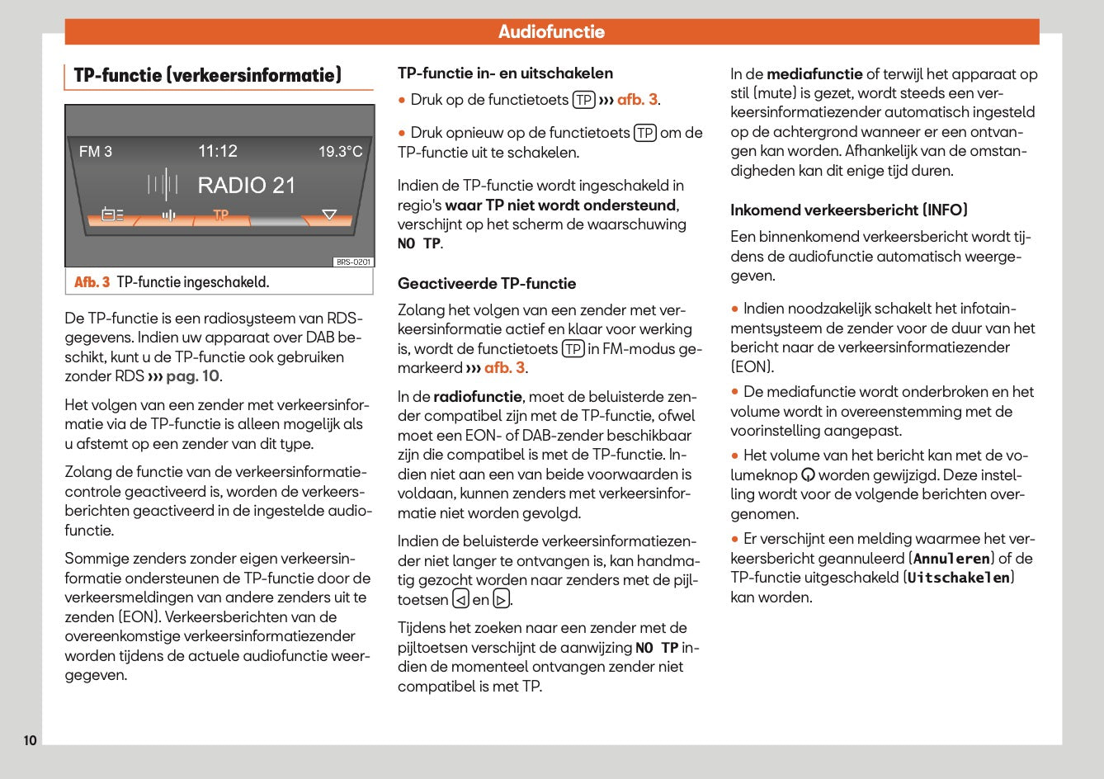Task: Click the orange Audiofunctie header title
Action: [x=551, y=32]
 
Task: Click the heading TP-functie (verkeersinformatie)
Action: [x=207, y=76]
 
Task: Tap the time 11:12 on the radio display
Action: [x=218, y=151]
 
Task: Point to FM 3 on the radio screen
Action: [x=96, y=152]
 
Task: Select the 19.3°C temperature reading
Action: [x=340, y=152]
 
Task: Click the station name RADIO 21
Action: [x=246, y=186]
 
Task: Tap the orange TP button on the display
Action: [x=220, y=215]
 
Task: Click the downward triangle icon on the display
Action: [x=329, y=215]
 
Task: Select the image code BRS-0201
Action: [x=353, y=262]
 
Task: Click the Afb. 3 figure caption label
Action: [x=92, y=282]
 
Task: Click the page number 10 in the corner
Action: [x=30, y=740]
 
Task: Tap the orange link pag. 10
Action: [x=192, y=376]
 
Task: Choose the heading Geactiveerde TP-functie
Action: [x=487, y=284]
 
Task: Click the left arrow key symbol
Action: [x=460, y=600]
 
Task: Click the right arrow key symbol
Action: [x=501, y=600]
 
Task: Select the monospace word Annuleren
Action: [x=951, y=559]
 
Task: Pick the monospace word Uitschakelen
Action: [x=958, y=578]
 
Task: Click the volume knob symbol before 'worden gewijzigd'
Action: [x=809, y=475]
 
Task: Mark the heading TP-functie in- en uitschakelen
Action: [x=505, y=73]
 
